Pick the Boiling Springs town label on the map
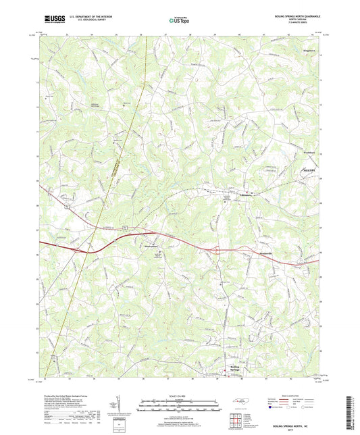(x=231, y=368)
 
